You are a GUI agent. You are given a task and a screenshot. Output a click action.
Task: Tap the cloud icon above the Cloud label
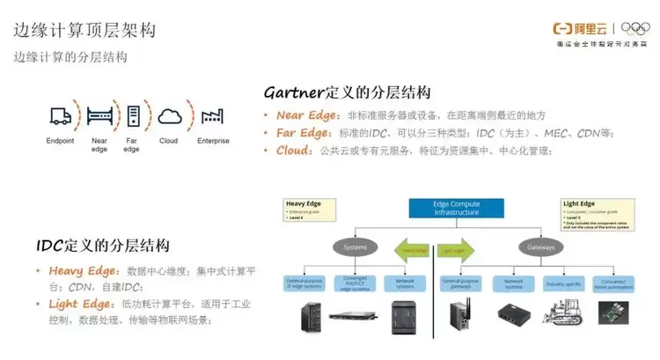click(x=169, y=114)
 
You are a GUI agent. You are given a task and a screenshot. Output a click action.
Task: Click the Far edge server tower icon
click(x=133, y=114)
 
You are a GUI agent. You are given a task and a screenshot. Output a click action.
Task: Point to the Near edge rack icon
click(x=99, y=114)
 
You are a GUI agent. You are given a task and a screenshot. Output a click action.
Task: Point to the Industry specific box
click(x=563, y=283)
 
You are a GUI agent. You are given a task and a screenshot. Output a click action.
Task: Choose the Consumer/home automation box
click(x=614, y=283)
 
